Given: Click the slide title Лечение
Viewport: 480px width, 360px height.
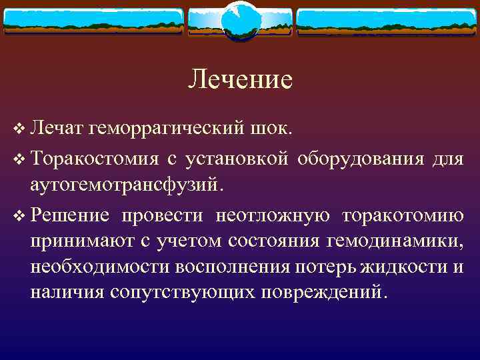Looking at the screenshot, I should (x=240, y=79).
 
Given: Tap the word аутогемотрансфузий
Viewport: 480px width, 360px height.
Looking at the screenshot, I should (x=124, y=183).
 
